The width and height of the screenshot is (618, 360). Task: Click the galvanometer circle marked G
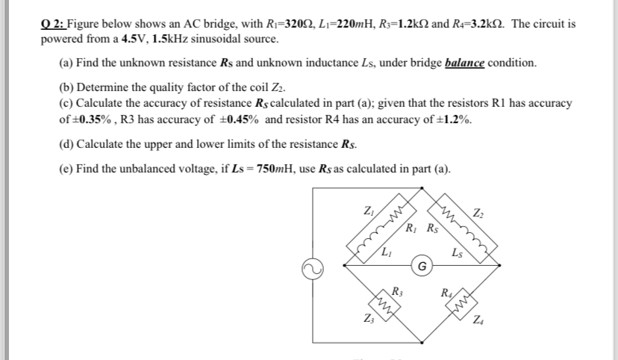point(423,264)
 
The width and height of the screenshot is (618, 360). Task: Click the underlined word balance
point(465,63)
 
